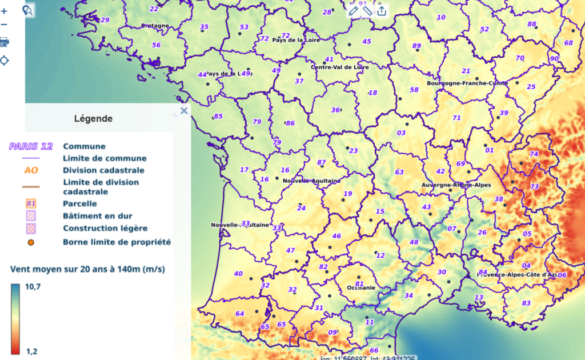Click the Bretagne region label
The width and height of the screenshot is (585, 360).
(x=155, y=26)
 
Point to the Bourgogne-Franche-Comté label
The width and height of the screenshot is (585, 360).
(x=467, y=83)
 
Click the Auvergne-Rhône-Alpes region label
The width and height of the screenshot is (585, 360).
(x=456, y=185)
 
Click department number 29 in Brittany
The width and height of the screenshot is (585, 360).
(x=105, y=20)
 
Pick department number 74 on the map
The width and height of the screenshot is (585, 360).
(x=534, y=154)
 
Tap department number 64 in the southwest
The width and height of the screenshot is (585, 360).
(x=239, y=313)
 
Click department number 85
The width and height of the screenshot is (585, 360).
(x=218, y=117)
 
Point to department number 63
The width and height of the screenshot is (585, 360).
(x=399, y=172)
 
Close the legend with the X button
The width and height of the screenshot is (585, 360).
(x=184, y=111)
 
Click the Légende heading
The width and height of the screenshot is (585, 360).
(x=93, y=119)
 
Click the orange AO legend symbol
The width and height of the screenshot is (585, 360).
(x=31, y=170)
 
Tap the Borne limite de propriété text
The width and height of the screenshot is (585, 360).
(x=117, y=242)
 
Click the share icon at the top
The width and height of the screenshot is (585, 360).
(x=382, y=10)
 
